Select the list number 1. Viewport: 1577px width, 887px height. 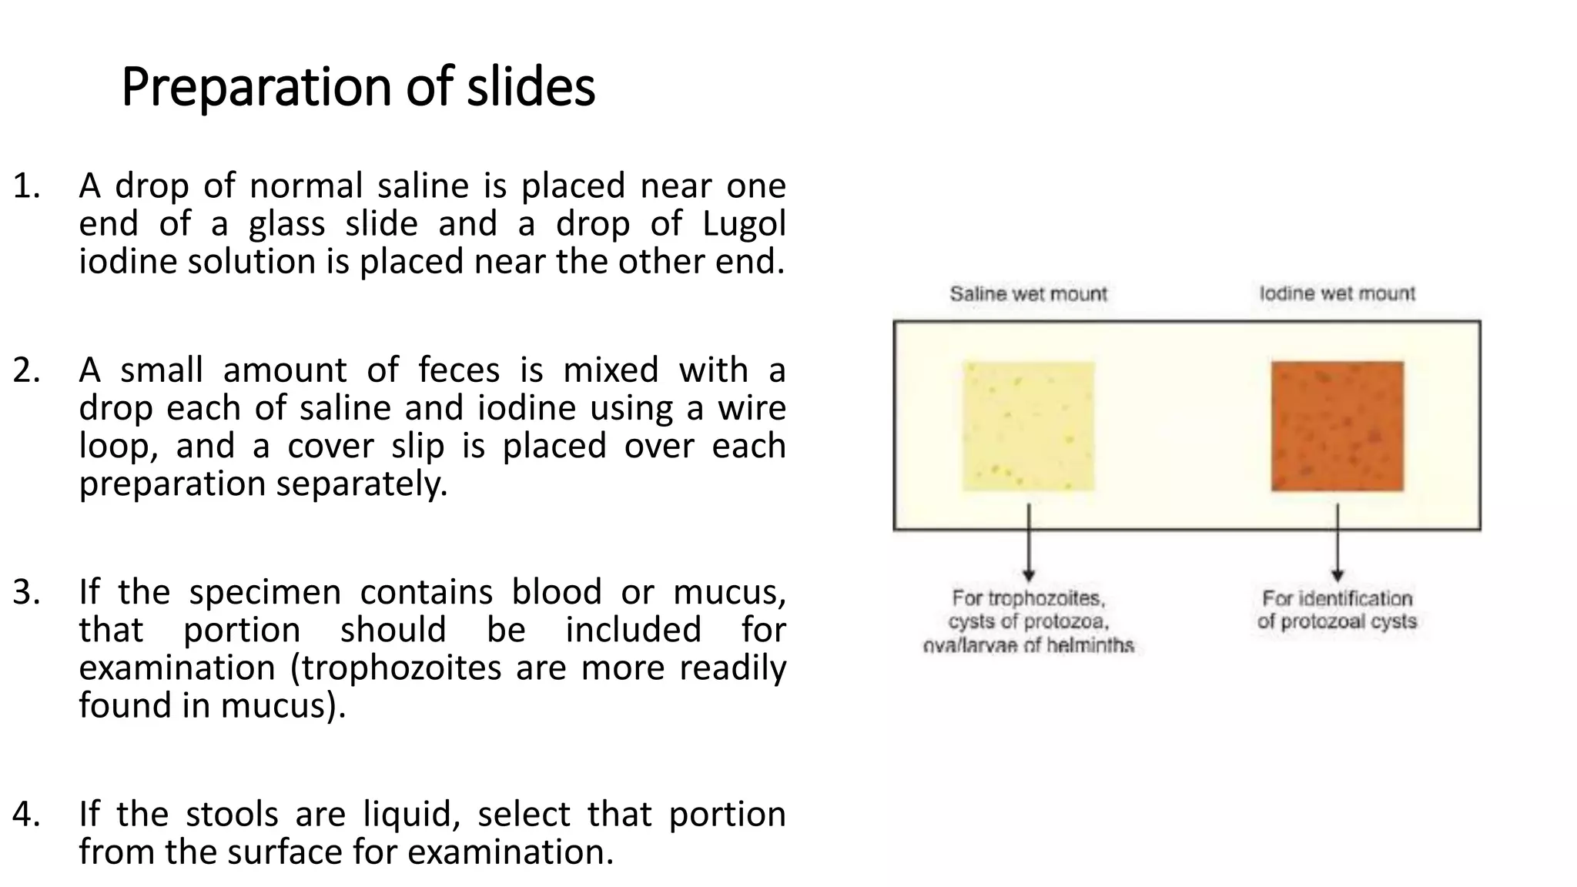pos(26,186)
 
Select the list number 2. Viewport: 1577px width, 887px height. pos(26,370)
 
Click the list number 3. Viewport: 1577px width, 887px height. pos(26,592)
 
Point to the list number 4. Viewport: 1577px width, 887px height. pos(26,815)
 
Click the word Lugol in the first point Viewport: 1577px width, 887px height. pos(744,224)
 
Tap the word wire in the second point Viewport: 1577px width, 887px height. pos(752,408)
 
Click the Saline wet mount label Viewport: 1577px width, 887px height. pos(1028,293)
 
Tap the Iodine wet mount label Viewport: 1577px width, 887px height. pos(1338,293)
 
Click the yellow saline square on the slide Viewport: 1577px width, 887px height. pos(1029,426)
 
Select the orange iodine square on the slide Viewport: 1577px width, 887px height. pos(1338,426)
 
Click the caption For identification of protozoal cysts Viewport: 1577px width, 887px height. pos(1338,610)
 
